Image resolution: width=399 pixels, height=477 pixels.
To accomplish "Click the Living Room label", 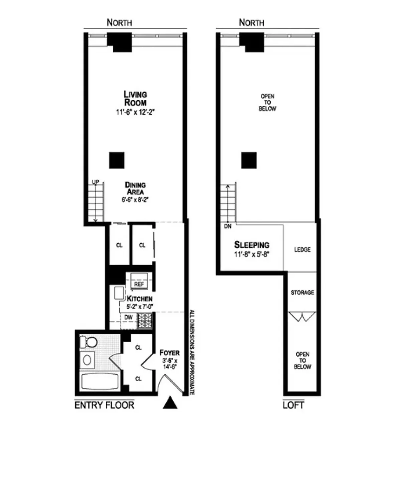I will point(135,98).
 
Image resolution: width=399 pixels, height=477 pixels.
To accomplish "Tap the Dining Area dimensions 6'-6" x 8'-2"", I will point(135,200).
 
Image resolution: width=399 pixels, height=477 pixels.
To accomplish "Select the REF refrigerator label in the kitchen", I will point(139,284).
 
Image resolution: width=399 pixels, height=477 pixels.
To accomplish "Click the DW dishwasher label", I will point(128,318).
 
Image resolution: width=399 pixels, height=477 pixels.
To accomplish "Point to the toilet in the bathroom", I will point(89,342).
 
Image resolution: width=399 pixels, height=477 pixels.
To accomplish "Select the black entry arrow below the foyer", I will point(170,403).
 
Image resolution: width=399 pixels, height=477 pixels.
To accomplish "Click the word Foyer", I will point(169,353).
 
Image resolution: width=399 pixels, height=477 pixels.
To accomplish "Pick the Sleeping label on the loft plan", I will point(252,245).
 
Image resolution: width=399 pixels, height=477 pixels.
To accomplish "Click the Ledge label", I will point(302,250).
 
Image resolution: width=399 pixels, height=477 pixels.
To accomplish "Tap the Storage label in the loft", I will point(302,293).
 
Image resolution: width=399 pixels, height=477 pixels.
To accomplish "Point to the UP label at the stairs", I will point(96,182).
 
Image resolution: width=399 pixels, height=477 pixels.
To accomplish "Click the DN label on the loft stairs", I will point(228,226).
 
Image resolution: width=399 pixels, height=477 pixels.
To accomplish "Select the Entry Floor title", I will point(104,405).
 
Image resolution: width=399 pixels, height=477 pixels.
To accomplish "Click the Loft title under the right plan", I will point(293,405).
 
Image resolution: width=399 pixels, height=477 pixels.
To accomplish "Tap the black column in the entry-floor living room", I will point(117,160).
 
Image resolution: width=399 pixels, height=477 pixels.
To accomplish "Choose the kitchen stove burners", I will point(145,321).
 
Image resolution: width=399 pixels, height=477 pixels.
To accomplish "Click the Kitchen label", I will point(140,299).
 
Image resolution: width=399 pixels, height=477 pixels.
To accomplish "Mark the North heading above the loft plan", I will point(251,23).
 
